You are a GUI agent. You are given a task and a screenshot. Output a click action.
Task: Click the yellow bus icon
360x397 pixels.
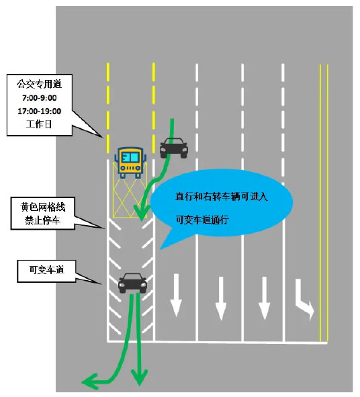(130, 163)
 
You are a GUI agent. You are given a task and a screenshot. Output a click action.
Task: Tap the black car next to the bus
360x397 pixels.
(174, 148)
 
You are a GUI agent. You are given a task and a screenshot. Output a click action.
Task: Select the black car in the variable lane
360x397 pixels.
(132, 283)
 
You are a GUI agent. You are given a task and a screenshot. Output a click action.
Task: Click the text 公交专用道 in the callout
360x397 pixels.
(40, 84)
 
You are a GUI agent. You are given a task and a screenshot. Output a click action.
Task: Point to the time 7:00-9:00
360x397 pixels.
(40, 97)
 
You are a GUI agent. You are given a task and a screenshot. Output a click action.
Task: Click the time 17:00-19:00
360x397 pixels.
(40, 111)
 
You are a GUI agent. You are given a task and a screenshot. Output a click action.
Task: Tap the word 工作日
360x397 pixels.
(39, 124)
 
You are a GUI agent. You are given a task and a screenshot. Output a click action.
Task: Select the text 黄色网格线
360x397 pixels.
(43, 207)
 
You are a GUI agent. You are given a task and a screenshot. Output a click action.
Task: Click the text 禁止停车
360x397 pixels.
(42, 220)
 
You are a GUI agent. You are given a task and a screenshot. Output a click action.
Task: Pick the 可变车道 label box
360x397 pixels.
(46, 271)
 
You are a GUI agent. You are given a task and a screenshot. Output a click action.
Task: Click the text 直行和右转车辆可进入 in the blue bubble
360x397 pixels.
(221, 196)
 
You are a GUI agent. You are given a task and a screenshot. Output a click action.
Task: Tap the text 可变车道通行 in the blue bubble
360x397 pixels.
(202, 220)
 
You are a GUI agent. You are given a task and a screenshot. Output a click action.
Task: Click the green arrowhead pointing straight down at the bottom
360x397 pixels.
(139, 378)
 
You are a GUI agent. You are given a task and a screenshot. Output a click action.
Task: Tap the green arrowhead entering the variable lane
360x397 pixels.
(141, 212)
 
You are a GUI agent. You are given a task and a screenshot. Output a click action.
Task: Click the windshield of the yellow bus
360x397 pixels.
(130, 157)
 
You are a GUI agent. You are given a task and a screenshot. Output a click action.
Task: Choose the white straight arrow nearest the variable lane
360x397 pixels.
(176, 296)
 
